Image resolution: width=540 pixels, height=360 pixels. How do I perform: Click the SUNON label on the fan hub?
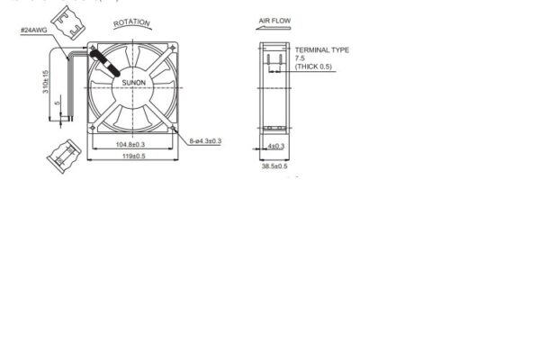coord(132,83)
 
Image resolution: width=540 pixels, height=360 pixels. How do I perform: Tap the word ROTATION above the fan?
coord(132,22)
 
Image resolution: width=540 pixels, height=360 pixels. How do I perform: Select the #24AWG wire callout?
coord(33,31)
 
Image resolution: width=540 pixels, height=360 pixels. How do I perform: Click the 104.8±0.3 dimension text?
coord(131,145)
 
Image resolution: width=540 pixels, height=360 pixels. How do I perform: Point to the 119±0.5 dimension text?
coord(131,157)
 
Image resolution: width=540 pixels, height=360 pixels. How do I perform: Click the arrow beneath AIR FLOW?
coord(271,29)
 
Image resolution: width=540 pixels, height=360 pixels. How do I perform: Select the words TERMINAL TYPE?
coord(321,50)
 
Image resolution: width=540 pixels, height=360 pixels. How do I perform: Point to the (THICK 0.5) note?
coord(313,67)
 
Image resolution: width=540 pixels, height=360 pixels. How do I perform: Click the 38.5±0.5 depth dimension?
coord(274,166)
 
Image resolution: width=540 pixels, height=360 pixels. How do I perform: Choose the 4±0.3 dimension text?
coord(275,146)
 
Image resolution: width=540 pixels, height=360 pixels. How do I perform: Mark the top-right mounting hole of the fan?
coord(170,48)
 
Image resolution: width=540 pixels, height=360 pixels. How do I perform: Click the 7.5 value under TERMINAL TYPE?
coord(301,58)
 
